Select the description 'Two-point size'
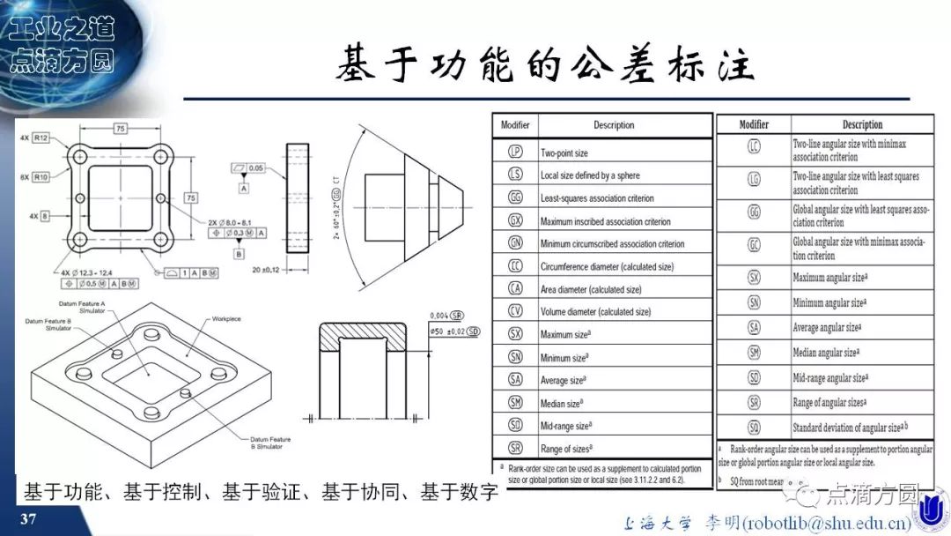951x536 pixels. point(564,153)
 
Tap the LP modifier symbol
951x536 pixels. point(515,152)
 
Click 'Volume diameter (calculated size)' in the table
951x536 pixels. point(595,312)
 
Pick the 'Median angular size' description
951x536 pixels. point(825,353)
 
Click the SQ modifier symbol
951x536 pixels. point(754,428)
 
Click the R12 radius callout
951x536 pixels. point(41,137)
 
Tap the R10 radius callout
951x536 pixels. point(41,177)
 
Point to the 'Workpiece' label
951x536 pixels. point(227,318)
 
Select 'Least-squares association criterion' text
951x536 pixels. point(597,198)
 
